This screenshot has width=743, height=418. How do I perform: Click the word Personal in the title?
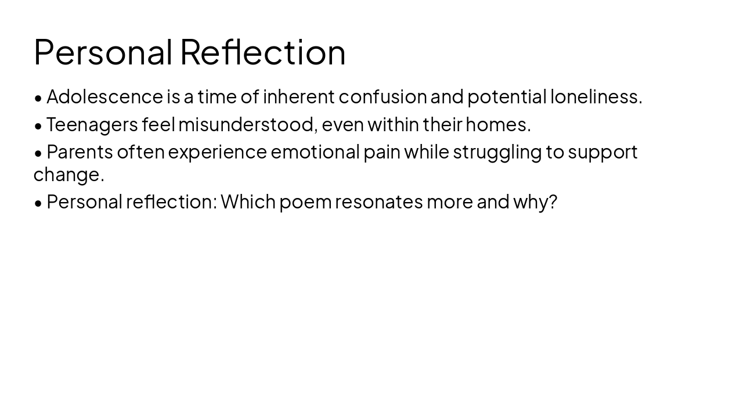pos(103,52)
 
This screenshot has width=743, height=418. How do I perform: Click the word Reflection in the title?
pos(262,52)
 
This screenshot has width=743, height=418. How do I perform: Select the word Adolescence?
pos(104,97)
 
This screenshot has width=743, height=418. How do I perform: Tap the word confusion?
pos(383,97)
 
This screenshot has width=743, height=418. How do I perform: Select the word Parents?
pos(80,152)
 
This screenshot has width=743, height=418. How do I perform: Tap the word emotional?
pos(315,152)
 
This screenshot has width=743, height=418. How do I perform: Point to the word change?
pos(68,175)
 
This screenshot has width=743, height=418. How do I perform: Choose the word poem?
pos(305,203)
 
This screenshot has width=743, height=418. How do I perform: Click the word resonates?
pos(378,203)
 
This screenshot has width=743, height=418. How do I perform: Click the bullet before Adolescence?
pos(38,98)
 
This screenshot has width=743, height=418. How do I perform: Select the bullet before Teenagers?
pos(38,125)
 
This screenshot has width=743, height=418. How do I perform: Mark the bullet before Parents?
pos(38,153)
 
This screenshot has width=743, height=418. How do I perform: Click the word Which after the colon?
pos(248,202)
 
